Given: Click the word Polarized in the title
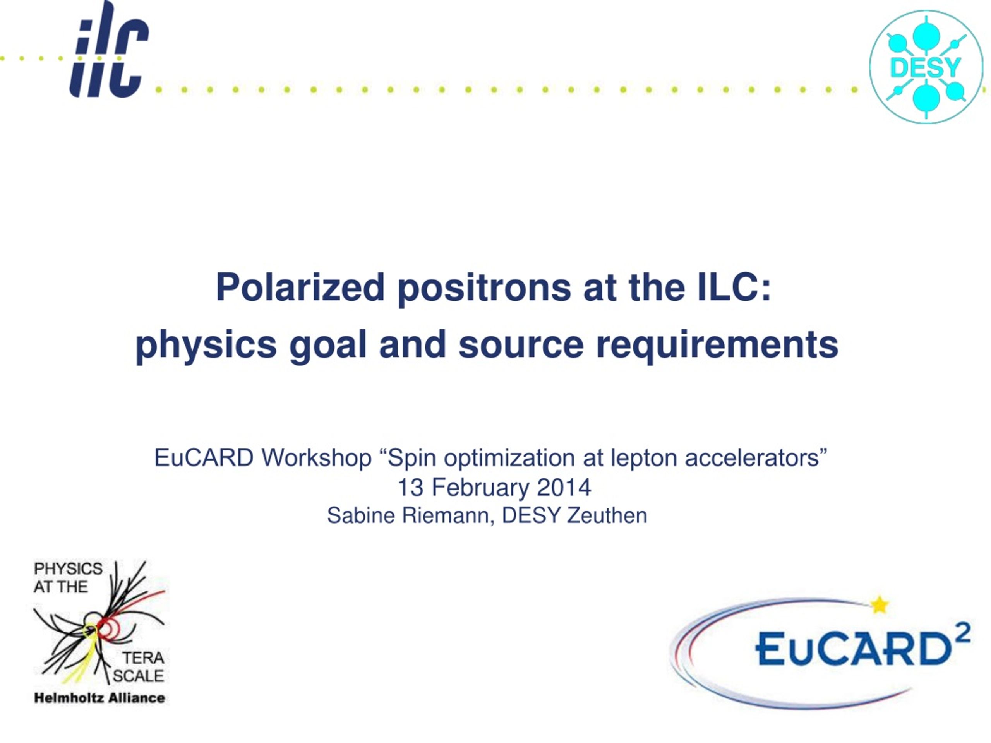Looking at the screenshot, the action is [x=300, y=288].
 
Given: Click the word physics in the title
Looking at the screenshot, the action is [x=206, y=345].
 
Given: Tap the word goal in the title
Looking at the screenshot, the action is [x=328, y=345].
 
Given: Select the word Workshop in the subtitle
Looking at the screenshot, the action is [x=317, y=458].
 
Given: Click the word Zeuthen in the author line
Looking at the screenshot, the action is [x=607, y=515].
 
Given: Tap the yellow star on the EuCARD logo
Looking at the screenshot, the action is [x=880, y=605].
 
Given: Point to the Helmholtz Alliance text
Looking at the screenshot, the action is [x=99, y=698].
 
